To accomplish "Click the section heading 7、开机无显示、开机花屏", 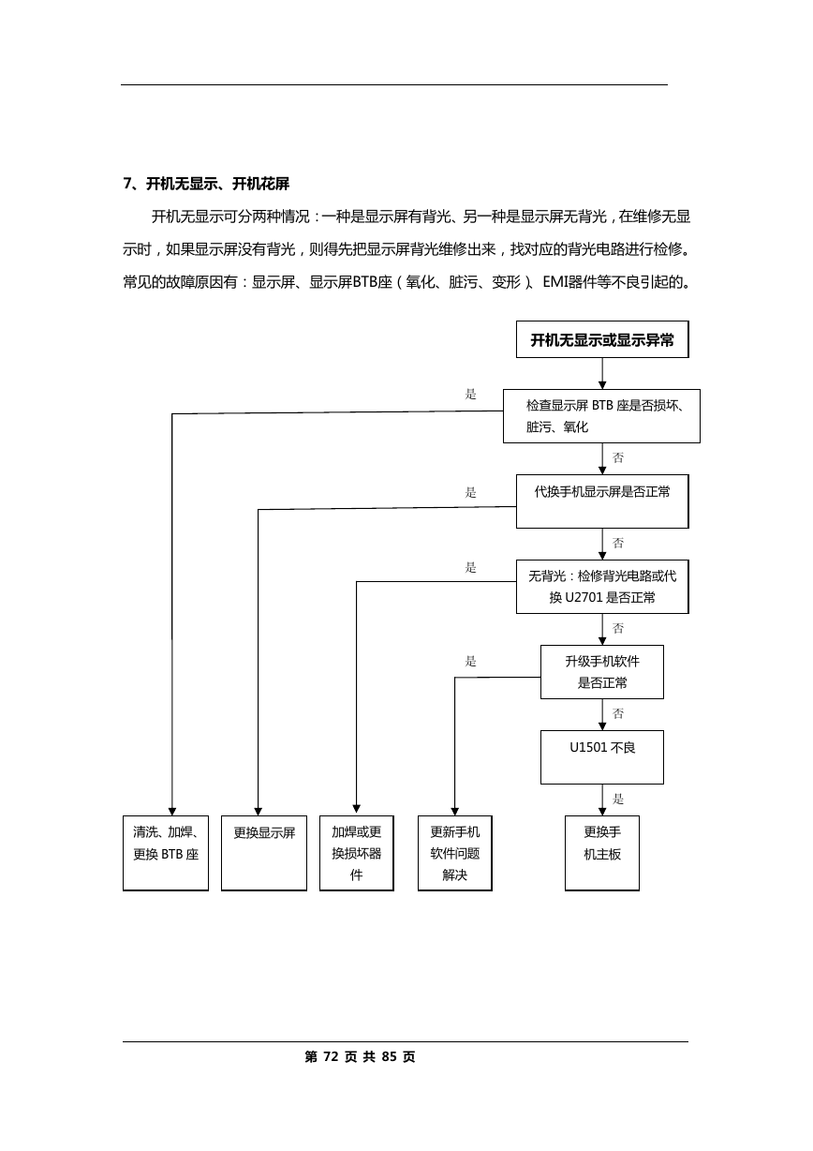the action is pos(206,184).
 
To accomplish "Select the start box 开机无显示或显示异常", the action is pos(602,339).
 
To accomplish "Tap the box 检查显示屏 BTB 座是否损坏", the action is pos(601,416).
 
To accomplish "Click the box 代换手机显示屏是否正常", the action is pos(602,501).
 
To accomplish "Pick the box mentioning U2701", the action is pos(602,587).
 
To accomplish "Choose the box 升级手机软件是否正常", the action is pos(602,672).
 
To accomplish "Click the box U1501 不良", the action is pos(602,757).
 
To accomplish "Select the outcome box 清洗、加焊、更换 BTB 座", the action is pos(166,853).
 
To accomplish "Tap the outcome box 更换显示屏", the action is pos(264,853).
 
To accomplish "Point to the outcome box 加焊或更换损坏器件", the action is pos(357,853).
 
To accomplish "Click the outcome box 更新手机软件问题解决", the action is pos(454,853).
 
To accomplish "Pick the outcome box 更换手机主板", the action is pos(602,853).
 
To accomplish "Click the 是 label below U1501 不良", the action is pos(618,799).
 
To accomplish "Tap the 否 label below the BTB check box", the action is pos(618,457).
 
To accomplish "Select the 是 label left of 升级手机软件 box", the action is pos(470,662).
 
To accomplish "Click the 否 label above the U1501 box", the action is pos(618,713).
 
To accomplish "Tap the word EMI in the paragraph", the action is pos(554,281).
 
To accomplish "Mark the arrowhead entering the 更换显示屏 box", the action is pos(258,811).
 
